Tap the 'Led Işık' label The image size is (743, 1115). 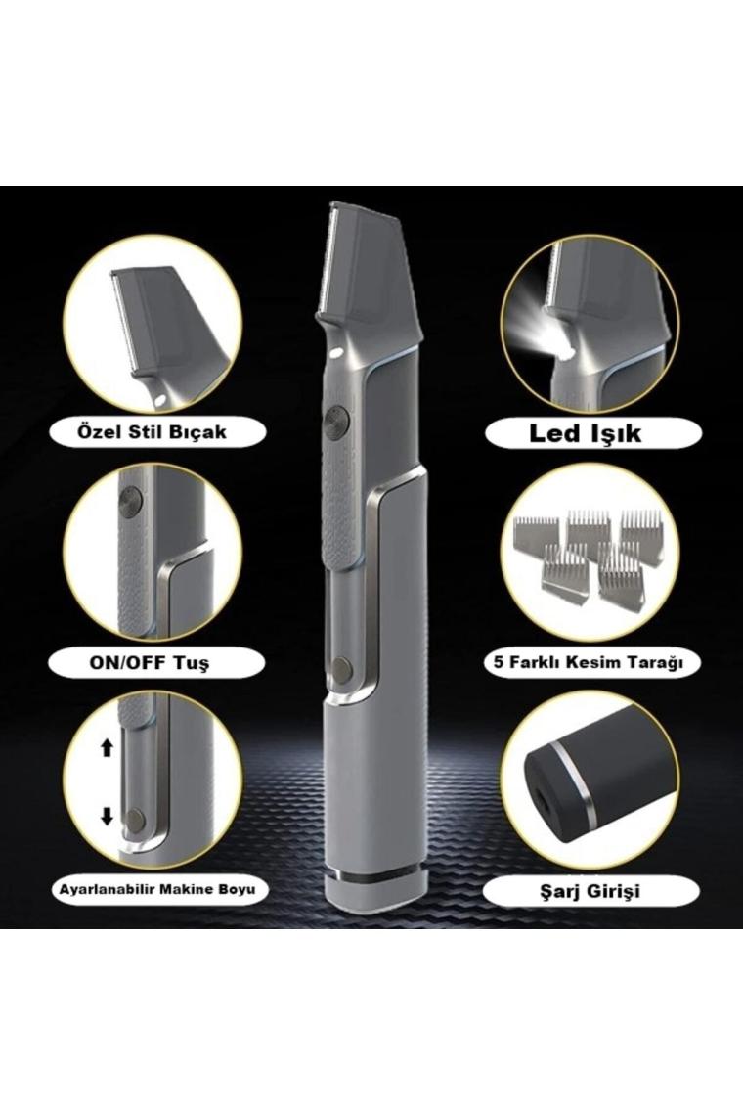click(586, 433)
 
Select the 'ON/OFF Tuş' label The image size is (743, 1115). click(150, 663)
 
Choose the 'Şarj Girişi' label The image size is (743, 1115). click(587, 890)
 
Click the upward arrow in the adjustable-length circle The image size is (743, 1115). click(108, 747)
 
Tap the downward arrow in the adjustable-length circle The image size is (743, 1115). click(108, 816)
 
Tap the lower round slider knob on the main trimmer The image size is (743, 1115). click(343, 667)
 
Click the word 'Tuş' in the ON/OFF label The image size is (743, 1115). click(193, 663)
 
